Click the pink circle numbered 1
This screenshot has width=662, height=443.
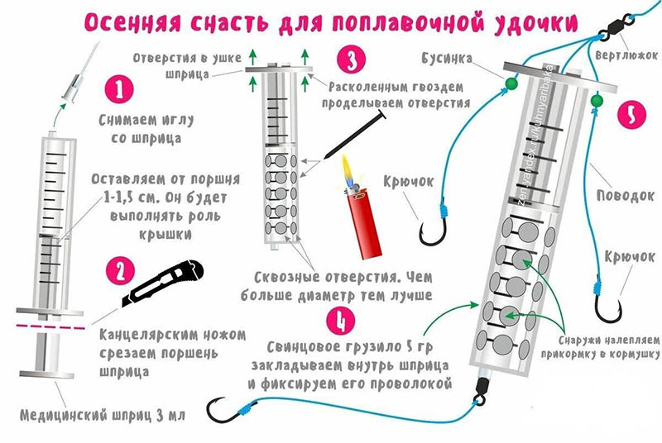119,90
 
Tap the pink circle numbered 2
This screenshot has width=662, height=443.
120,271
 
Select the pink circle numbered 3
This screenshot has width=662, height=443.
351,60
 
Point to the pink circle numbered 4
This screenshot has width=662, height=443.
342,320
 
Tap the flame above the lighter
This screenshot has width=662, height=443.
347,172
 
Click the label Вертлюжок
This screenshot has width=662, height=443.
626,55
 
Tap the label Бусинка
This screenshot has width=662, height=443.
447,58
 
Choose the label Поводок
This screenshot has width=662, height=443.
626,196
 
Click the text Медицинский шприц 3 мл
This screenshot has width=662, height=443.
103,415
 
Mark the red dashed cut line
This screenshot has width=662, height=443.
50,326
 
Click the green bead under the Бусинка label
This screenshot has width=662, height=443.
511,83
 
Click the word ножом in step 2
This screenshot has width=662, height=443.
224,335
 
